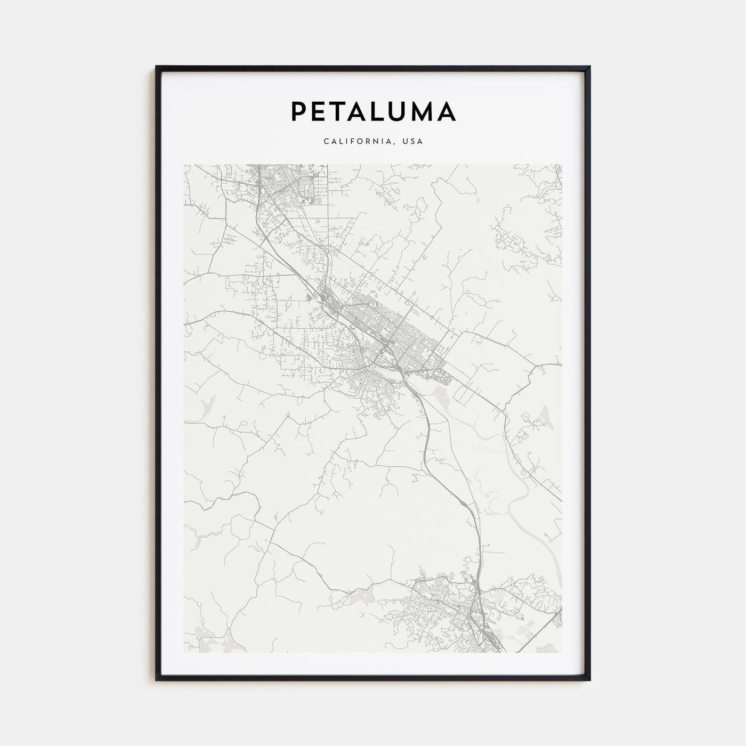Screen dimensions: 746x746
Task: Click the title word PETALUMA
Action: click(373, 111)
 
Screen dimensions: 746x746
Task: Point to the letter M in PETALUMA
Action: click(421, 111)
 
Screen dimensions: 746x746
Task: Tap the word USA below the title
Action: click(414, 142)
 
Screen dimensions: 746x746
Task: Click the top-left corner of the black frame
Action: click(157, 67)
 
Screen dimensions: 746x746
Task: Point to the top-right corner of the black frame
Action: click(589, 67)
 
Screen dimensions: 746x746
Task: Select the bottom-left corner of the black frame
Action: click(157, 679)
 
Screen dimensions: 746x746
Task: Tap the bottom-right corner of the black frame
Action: click(589, 679)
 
